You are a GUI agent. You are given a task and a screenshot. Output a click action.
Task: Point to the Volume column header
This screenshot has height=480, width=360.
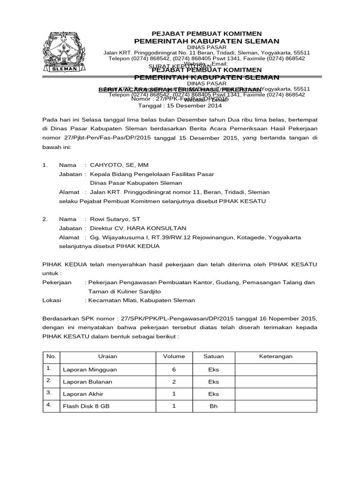point(174,356)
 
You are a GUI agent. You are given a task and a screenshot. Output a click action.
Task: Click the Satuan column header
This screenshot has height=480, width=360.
point(214,356)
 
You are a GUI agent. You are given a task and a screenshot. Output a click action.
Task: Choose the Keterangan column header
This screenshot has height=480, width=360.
point(276,356)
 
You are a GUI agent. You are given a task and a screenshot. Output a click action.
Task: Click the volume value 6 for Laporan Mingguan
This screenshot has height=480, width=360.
point(174,369)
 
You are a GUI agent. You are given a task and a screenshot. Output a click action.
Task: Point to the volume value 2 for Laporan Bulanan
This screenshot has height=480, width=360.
point(174,382)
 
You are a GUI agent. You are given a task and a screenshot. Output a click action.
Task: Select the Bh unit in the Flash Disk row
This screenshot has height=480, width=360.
point(214,406)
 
